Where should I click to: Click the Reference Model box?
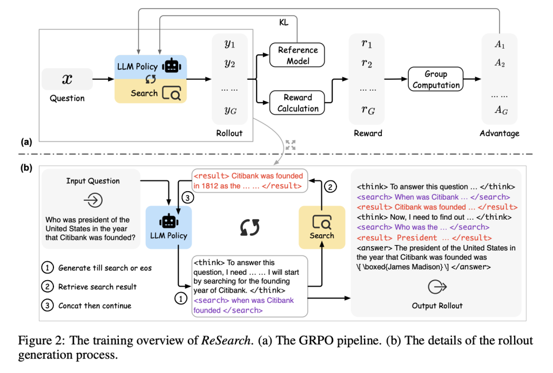pos(298,55)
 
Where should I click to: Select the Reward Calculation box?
pos(298,103)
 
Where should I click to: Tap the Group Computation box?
pos(435,79)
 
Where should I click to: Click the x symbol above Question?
pos(67,79)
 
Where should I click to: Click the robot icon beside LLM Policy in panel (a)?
pos(172,66)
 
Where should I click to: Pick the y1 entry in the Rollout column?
pos(230,44)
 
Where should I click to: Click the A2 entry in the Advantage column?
pos(500,63)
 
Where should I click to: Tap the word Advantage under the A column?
pos(500,133)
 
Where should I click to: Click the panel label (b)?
pos(26,168)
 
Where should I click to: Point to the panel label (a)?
pos(26,143)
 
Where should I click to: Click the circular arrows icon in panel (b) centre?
pos(249,227)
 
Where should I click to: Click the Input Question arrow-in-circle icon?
pos(93,200)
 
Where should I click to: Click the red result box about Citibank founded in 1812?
pos(248,180)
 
